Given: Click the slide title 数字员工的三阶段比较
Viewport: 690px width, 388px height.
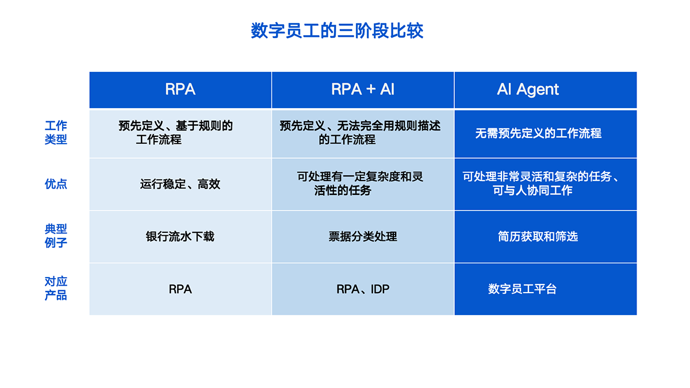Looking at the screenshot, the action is coord(337,30).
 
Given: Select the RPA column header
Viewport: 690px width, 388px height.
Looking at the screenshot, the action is coord(180,89).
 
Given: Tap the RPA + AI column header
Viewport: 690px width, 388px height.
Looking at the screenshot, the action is coord(363,89).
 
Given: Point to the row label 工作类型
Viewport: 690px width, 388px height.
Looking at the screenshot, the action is coord(56,132).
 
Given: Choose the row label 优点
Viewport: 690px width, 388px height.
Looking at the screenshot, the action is coord(56,184).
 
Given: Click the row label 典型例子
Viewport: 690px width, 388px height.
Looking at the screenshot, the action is coord(56,236).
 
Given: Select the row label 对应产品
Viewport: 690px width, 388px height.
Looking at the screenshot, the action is coord(56,288).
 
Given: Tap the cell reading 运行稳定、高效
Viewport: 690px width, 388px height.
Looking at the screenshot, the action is coord(180,184).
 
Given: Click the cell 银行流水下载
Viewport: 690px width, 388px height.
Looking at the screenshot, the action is coord(180,236).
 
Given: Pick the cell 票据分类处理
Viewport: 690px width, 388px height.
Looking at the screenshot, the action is coord(363,236).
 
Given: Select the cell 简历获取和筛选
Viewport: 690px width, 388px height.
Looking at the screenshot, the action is coord(538,236).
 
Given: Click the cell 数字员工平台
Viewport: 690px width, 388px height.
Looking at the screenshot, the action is coord(523,289).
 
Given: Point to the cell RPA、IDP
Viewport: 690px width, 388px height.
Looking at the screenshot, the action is coord(363,289).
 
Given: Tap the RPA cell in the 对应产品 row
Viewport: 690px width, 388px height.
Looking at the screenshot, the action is coord(180,289).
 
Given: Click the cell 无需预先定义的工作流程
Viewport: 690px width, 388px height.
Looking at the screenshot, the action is coord(538,133).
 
